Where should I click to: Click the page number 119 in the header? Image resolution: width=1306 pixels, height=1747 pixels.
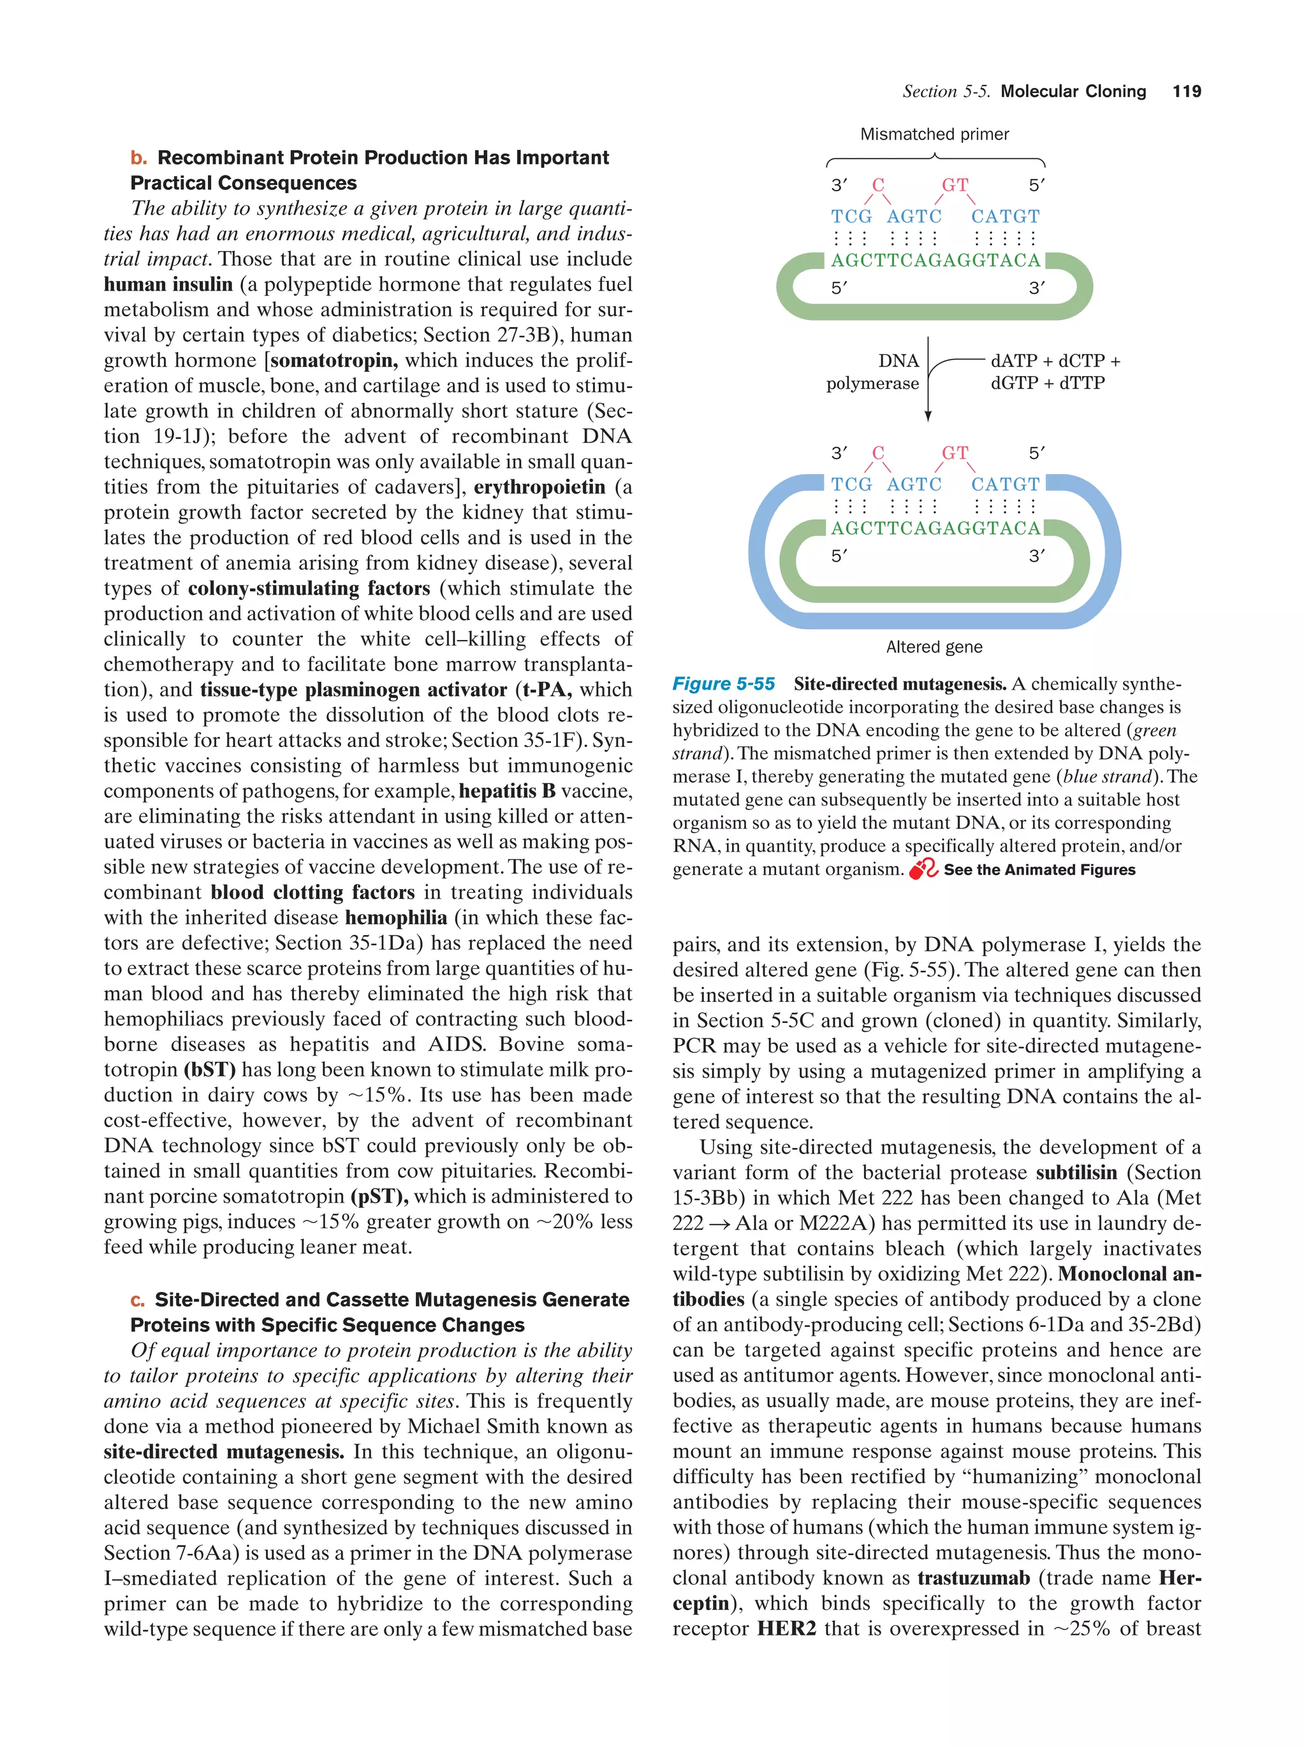(x=1186, y=92)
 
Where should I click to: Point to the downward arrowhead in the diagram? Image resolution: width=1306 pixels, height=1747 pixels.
(x=928, y=416)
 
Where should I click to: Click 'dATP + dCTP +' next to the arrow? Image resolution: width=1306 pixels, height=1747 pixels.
(x=1055, y=361)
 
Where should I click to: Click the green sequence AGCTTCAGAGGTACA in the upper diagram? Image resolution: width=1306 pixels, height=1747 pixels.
(x=935, y=261)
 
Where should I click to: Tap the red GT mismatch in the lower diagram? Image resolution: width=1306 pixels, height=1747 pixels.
(x=955, y=453)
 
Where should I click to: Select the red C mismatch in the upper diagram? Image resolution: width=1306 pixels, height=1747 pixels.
(x=877, y=185)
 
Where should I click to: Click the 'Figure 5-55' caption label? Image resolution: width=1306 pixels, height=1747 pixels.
(x=723, y=684)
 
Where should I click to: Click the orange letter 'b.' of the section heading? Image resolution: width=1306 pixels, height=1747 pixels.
(x=139, y=158)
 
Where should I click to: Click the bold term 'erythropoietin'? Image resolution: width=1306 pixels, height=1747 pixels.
(x=539, y=488)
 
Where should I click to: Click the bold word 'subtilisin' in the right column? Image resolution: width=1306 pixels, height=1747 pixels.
(x=1076, y=1173)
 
